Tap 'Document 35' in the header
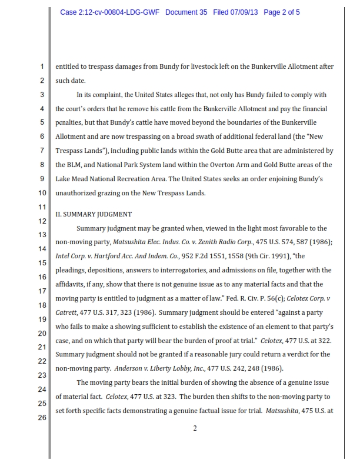(x=186, y=12)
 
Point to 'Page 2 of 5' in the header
(x=282, y=12)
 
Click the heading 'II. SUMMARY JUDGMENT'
(x=94, y=214)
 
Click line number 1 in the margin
(x=42, y=66)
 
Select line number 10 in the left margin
(x=42, y=192)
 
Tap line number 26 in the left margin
(x=42, y=417)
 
